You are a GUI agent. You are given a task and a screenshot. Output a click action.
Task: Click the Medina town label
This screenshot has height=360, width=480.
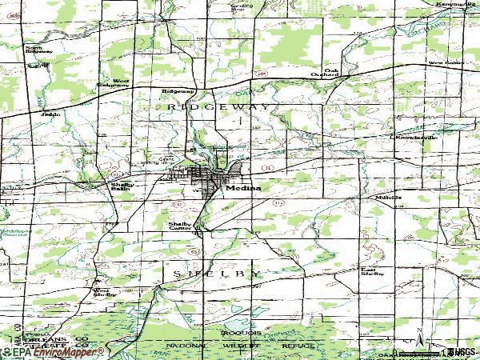point(242,190)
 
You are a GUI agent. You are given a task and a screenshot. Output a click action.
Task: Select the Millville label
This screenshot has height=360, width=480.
point(387,197)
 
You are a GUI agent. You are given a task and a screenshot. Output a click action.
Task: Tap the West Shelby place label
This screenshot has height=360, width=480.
point(104,292)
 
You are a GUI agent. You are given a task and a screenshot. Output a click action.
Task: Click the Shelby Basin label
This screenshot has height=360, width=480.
point(121,186)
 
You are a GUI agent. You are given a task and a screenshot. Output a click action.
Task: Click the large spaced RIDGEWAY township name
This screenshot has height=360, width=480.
point(215,106)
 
